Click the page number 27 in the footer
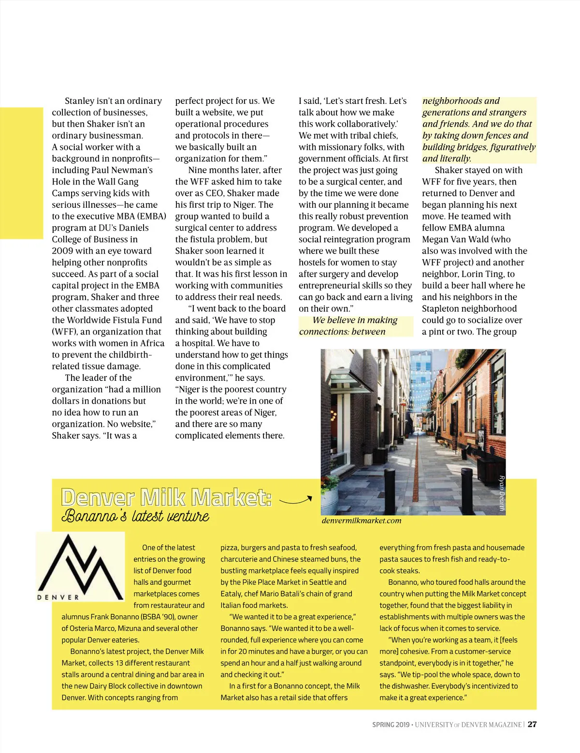tap(532, 724)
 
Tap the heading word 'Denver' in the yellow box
tap(98, 497)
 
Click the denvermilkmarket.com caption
tap(361, 521)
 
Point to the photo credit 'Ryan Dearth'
tap(502, 493)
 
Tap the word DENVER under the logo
tap(58, 597)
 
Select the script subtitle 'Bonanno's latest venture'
tap(135, 516)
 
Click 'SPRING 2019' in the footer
tap(391, 724)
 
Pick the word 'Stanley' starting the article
tap(80, 101)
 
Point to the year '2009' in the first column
tap(62, 251)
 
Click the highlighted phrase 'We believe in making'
tap(355, 320)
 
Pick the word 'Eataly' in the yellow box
tap(232, 594)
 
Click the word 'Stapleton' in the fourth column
tap(445, 308)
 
